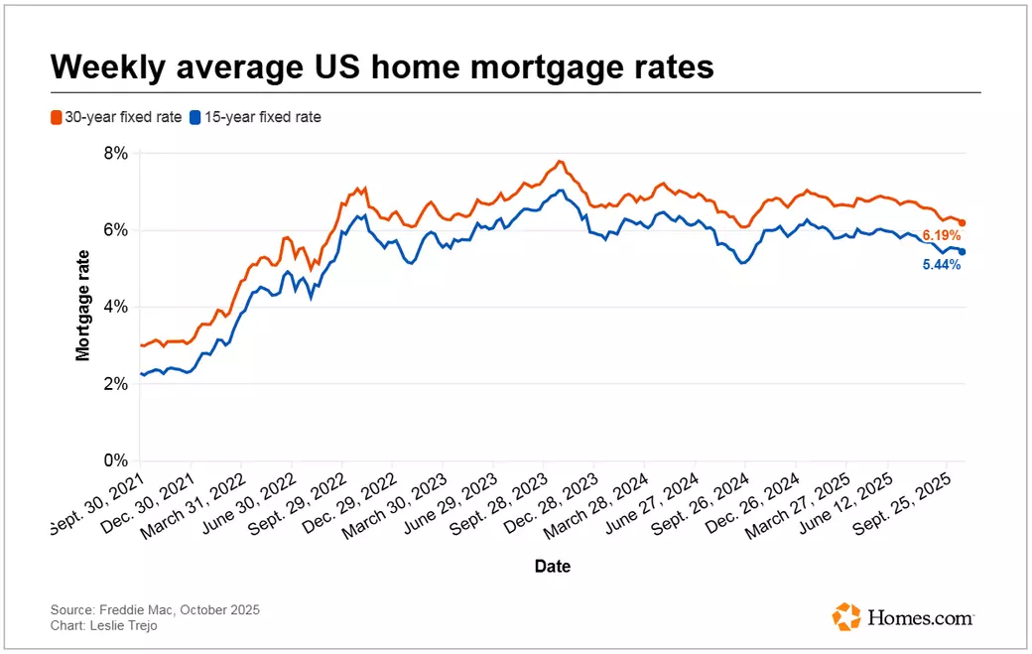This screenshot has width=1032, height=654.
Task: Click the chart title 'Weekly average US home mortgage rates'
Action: click(x=382, y=66)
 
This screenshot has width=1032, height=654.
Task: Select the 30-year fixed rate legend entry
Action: click(x=116, y=117)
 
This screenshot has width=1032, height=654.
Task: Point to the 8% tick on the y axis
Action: click(x=116, y=153)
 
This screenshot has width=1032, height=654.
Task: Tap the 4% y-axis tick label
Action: click(x=116, y=307)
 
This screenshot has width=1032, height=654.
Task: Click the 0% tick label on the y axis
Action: click(x=116, y=460)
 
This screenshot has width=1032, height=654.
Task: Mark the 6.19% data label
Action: click(x=941, y=235)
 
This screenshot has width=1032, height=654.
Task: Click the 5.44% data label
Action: click(x=940, y=266)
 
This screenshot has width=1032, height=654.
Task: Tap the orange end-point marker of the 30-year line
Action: click(x=962, y=223)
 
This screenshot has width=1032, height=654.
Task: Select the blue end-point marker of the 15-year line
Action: click(x=962, y=252)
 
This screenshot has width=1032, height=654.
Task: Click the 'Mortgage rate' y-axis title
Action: click(x=84, y=307)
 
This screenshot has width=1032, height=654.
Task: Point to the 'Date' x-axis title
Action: click(x=552, y=567)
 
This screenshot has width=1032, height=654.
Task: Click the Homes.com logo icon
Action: click(x=846, y=616)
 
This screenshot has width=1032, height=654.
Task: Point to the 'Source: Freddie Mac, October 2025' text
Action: click(x=155, y=609)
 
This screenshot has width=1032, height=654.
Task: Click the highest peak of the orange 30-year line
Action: click(x=561, y=161)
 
